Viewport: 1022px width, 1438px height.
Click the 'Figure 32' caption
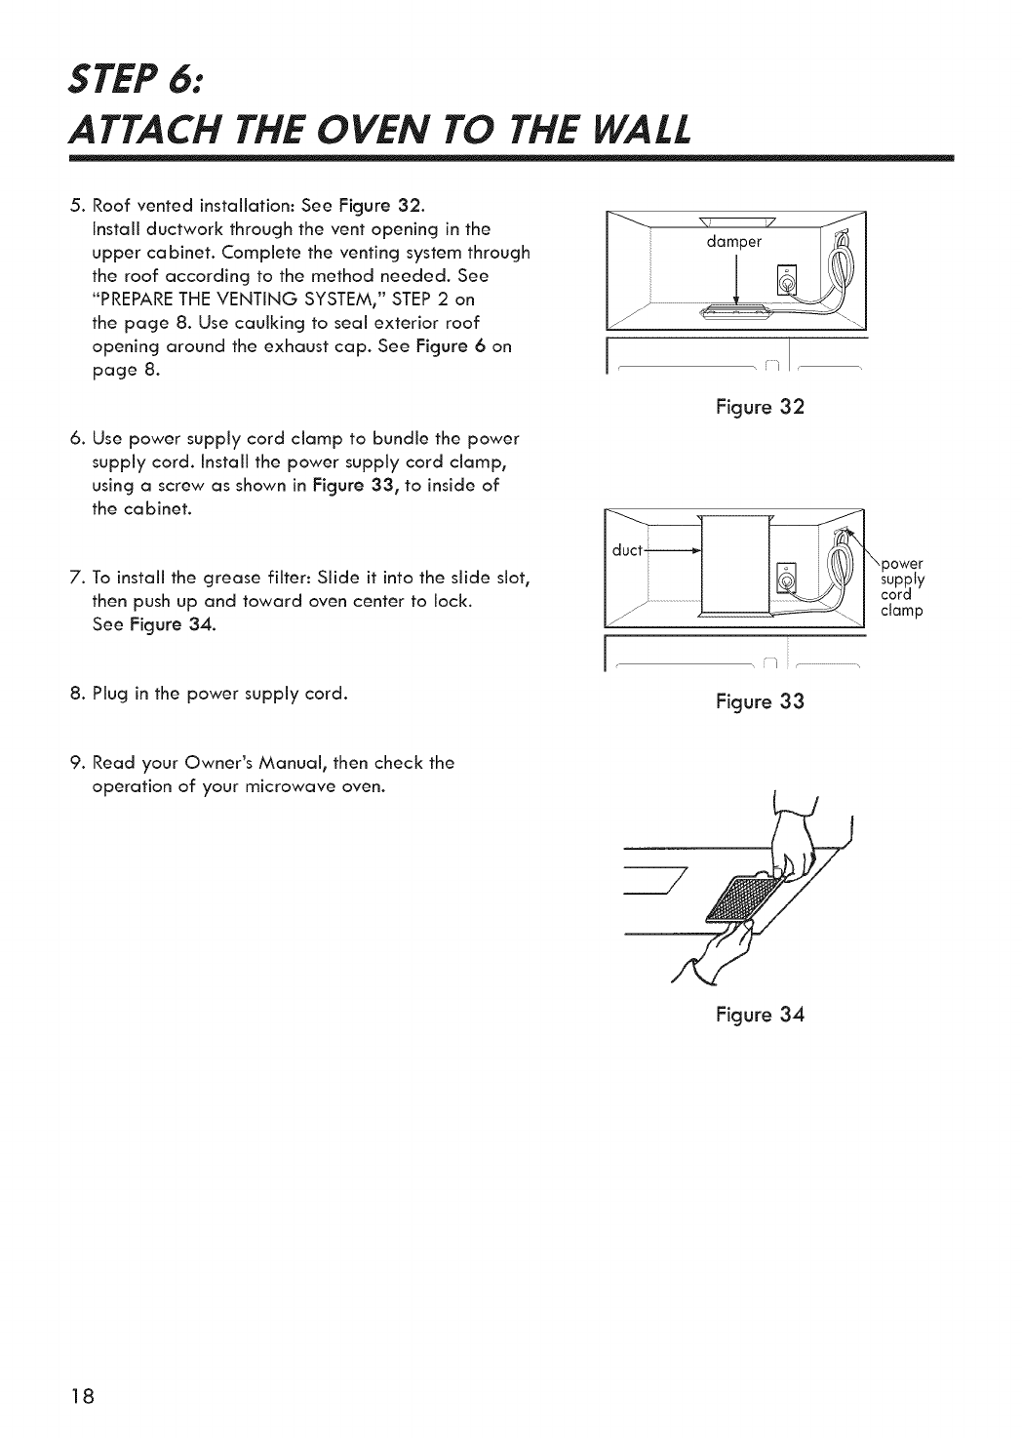click(x=760, y=408)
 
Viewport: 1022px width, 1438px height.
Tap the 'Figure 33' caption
click(x=760, y=700)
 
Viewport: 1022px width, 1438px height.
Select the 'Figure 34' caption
click(x=760, y=1014)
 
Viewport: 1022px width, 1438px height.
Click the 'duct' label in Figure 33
click(x=625, y=548)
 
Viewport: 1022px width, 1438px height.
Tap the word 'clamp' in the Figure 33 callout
click(x=900, y=612)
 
